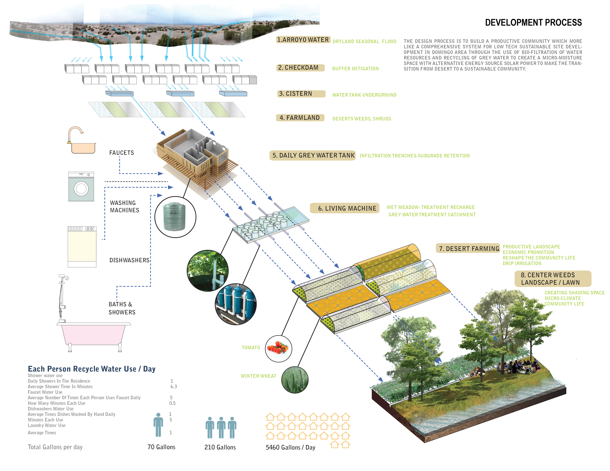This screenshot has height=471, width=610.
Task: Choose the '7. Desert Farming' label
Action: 468,248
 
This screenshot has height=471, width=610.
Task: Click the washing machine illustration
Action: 81,186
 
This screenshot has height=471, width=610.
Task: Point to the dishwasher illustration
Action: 82,247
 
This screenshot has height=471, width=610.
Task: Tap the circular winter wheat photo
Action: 295,380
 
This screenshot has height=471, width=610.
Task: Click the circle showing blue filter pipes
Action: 236,304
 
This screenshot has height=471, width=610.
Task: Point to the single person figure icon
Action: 158,425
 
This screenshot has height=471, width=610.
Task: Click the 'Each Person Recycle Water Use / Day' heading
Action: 92,369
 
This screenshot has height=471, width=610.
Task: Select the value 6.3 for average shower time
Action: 174,386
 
